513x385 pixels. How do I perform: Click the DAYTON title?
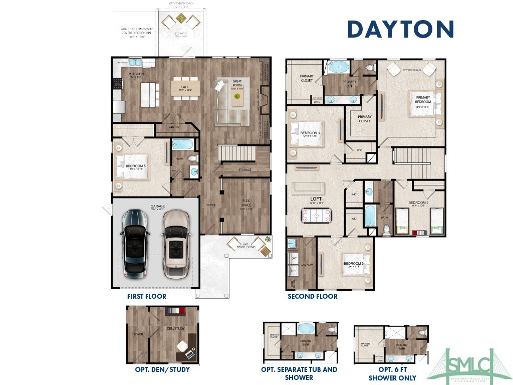tap(400, 29)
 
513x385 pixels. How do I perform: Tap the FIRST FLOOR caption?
tap(146, 296)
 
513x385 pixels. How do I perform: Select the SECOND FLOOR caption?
tap(312, 296)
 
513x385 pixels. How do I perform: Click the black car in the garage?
tap(134, 244)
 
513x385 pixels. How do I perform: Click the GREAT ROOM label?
tap(237, 83)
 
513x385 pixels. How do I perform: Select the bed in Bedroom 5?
tap(131, 166)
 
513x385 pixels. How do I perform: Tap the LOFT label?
tap(315, 199)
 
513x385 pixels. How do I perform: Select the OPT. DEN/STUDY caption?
tap(162, 370)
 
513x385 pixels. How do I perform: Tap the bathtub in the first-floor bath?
tap(182, 144)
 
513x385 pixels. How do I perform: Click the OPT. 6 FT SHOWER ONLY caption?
tap(392, 374)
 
